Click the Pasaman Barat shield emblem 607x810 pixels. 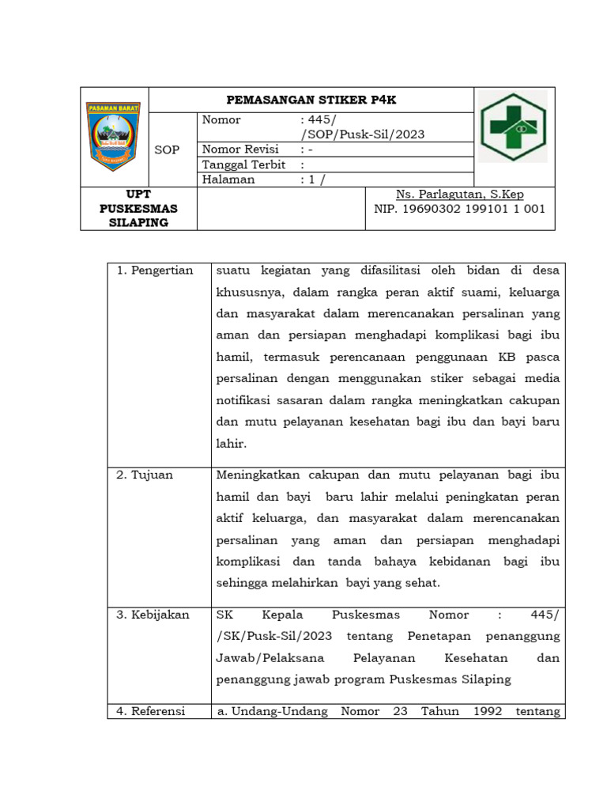coord(115,137)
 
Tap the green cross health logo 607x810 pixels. coord(513,127)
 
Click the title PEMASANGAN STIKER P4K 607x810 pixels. coord(311,100)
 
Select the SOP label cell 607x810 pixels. coord(167,150)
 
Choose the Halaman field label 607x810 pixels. coord(228,180)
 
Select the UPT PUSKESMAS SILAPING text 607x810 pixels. coord(139,209)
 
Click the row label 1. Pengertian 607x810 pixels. coord(155,271)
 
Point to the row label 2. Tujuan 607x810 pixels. coord(145,475)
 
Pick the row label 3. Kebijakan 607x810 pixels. coord(153,615)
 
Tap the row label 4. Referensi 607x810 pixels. coord(150,711)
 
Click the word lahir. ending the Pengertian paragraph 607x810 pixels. coord(232,444)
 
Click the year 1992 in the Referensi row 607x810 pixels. coord(488,711)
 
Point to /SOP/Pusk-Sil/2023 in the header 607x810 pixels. coord(363,134)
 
